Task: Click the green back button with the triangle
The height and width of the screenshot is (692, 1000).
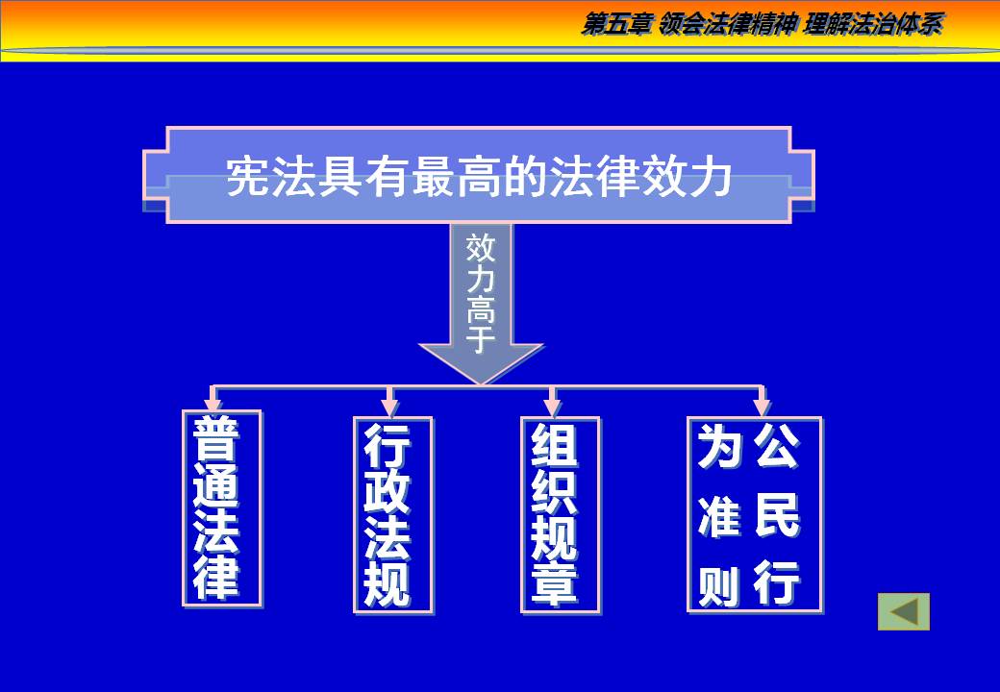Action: [903, 611]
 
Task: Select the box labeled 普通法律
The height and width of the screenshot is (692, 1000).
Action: [222, 508]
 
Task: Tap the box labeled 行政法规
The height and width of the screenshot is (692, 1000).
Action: [392, 514]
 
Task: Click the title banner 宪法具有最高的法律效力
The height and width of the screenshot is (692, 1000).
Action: [479, 176]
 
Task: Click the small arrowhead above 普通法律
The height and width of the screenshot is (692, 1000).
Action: [213, 398]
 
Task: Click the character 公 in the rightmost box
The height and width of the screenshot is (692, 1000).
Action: [777, 447]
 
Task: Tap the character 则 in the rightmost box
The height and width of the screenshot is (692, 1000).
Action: [719, 584]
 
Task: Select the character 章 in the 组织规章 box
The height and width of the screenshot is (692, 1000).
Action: [555, 582]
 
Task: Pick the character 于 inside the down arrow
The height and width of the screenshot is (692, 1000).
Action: [481, 339]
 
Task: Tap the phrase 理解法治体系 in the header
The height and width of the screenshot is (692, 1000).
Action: [871, 25]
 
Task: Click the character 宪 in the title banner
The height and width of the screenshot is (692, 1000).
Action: [247, 178]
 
